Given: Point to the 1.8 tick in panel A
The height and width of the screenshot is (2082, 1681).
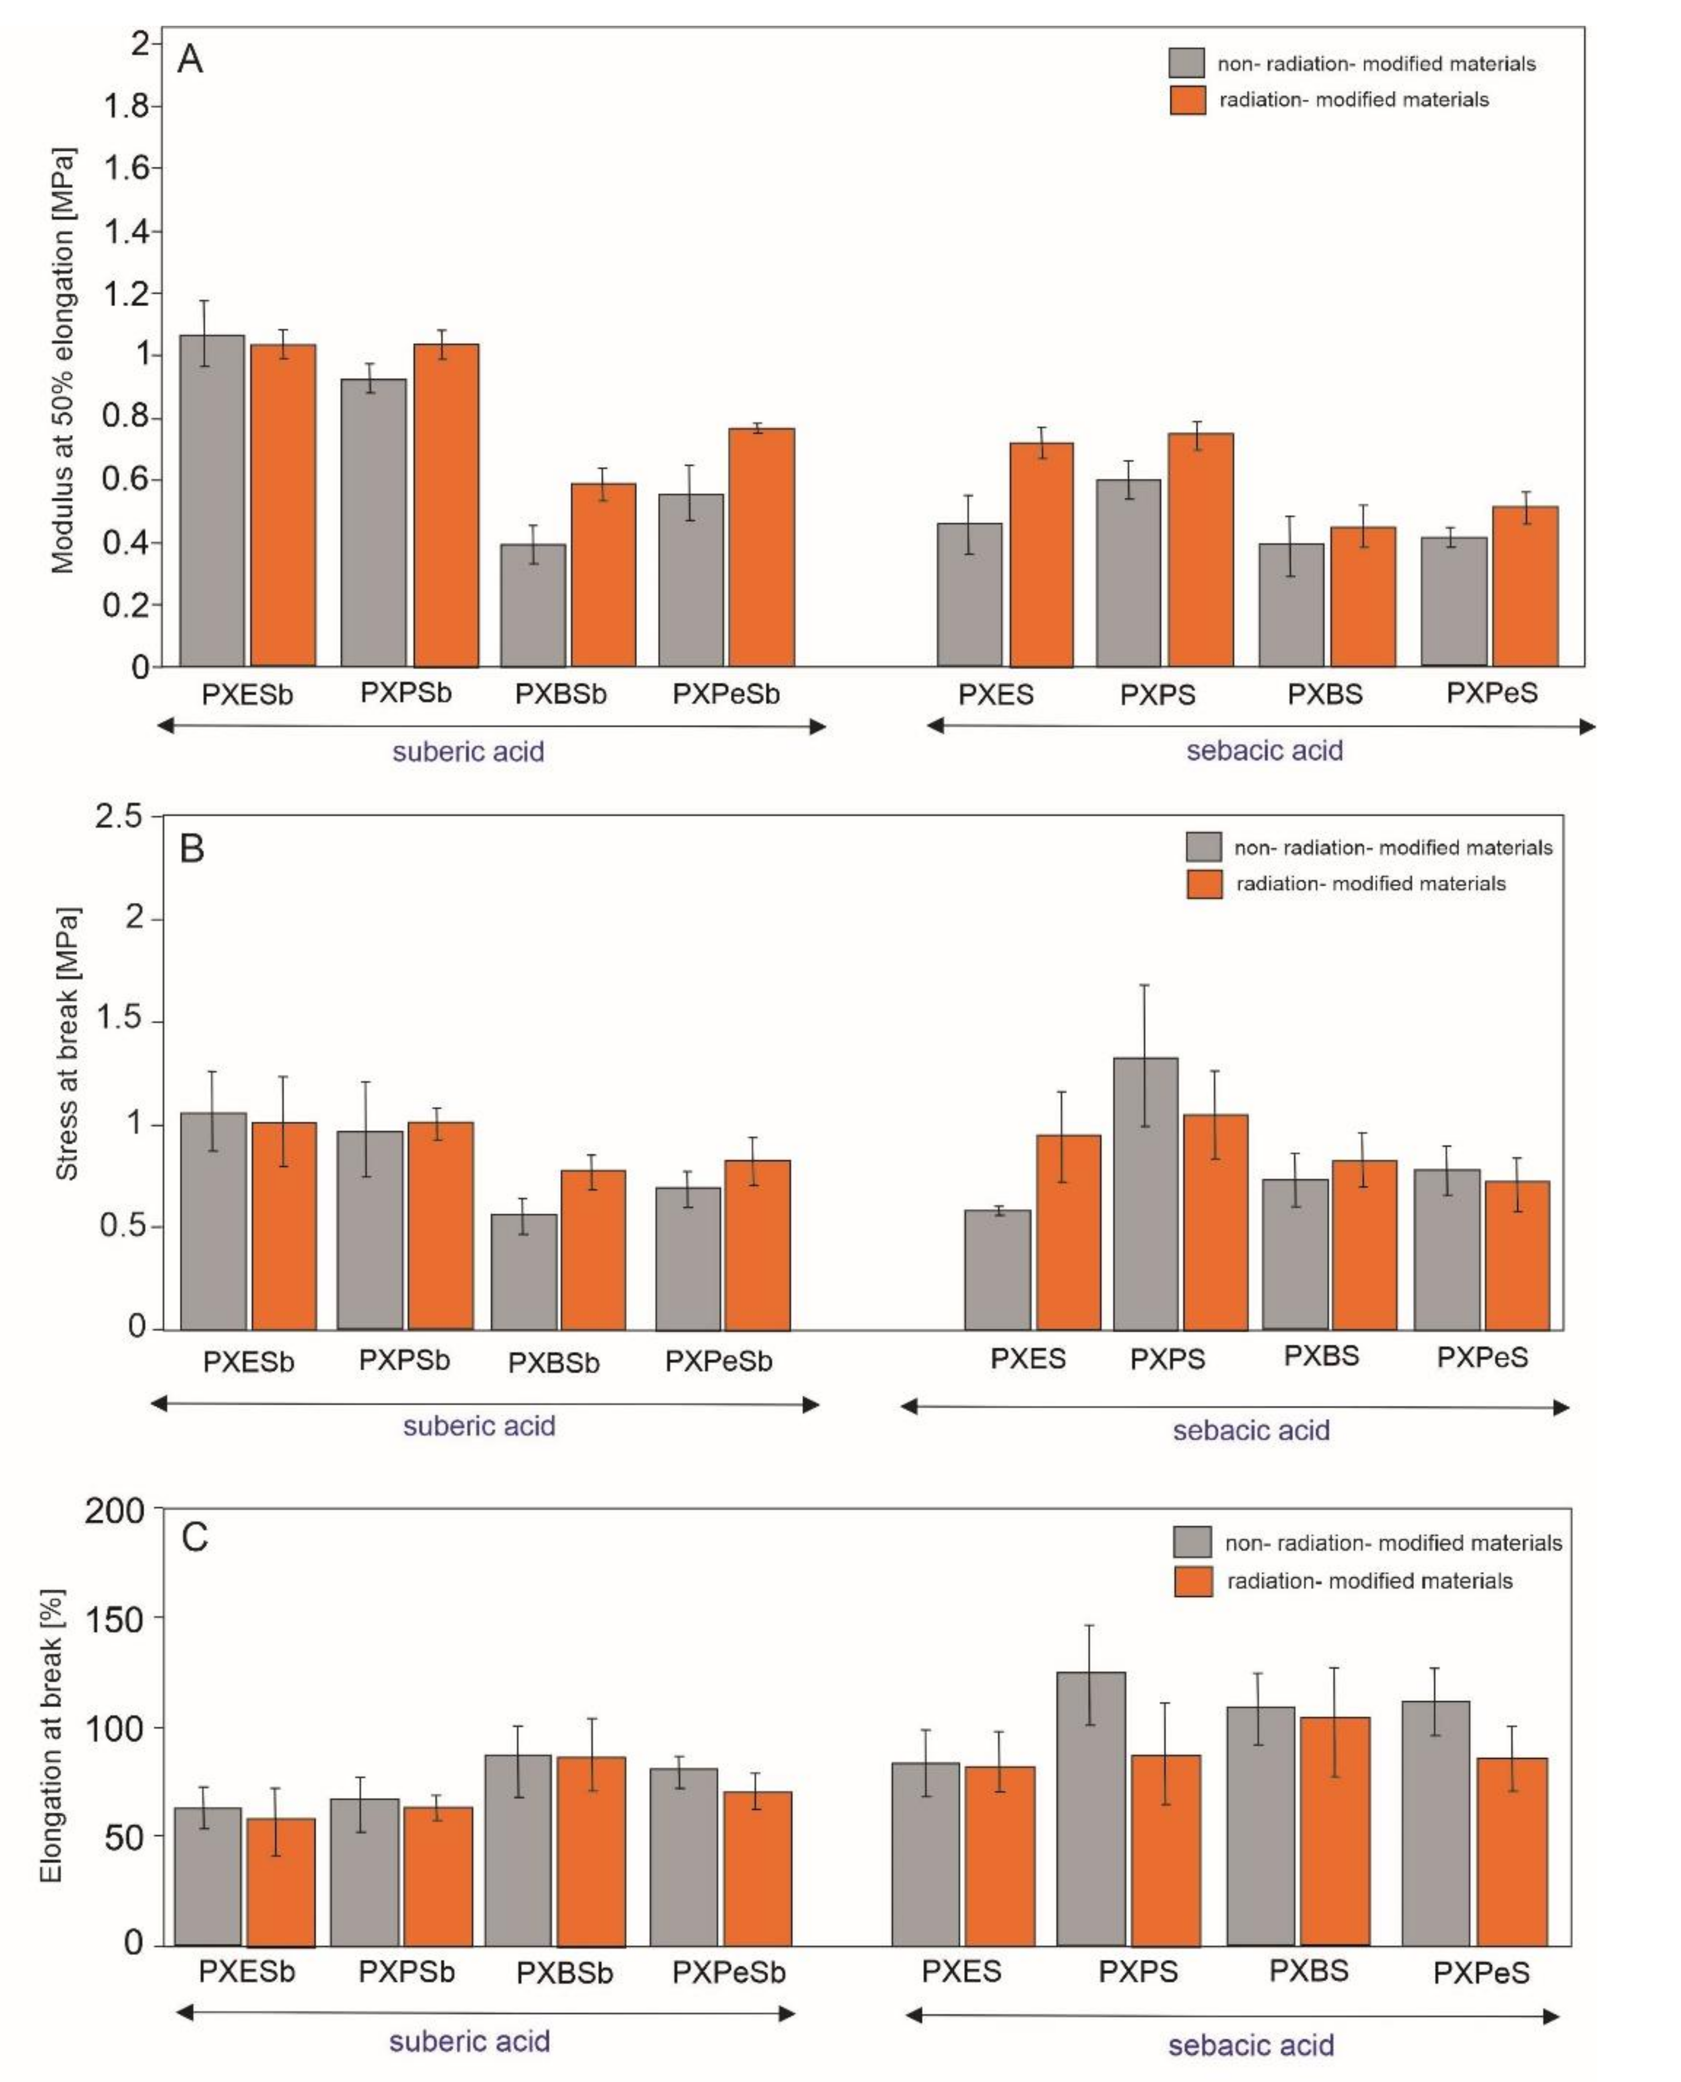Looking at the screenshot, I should pos(126,106).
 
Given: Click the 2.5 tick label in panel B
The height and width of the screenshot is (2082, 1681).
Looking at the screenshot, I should pos(117,816).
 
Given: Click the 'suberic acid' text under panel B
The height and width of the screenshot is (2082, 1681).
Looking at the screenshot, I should pos(479,1426).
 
